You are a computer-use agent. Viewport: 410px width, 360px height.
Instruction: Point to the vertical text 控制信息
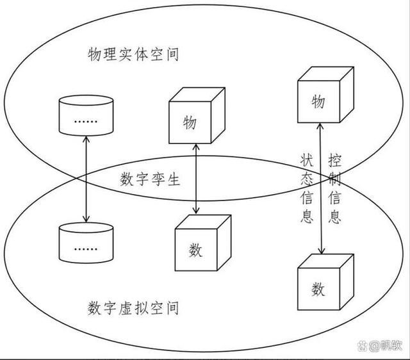[334, 186]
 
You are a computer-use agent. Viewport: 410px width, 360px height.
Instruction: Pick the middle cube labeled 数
[199, 244]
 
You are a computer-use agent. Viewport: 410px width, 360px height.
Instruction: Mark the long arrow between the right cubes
[320, 192]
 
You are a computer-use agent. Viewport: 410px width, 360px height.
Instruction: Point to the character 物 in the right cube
[318, 102]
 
